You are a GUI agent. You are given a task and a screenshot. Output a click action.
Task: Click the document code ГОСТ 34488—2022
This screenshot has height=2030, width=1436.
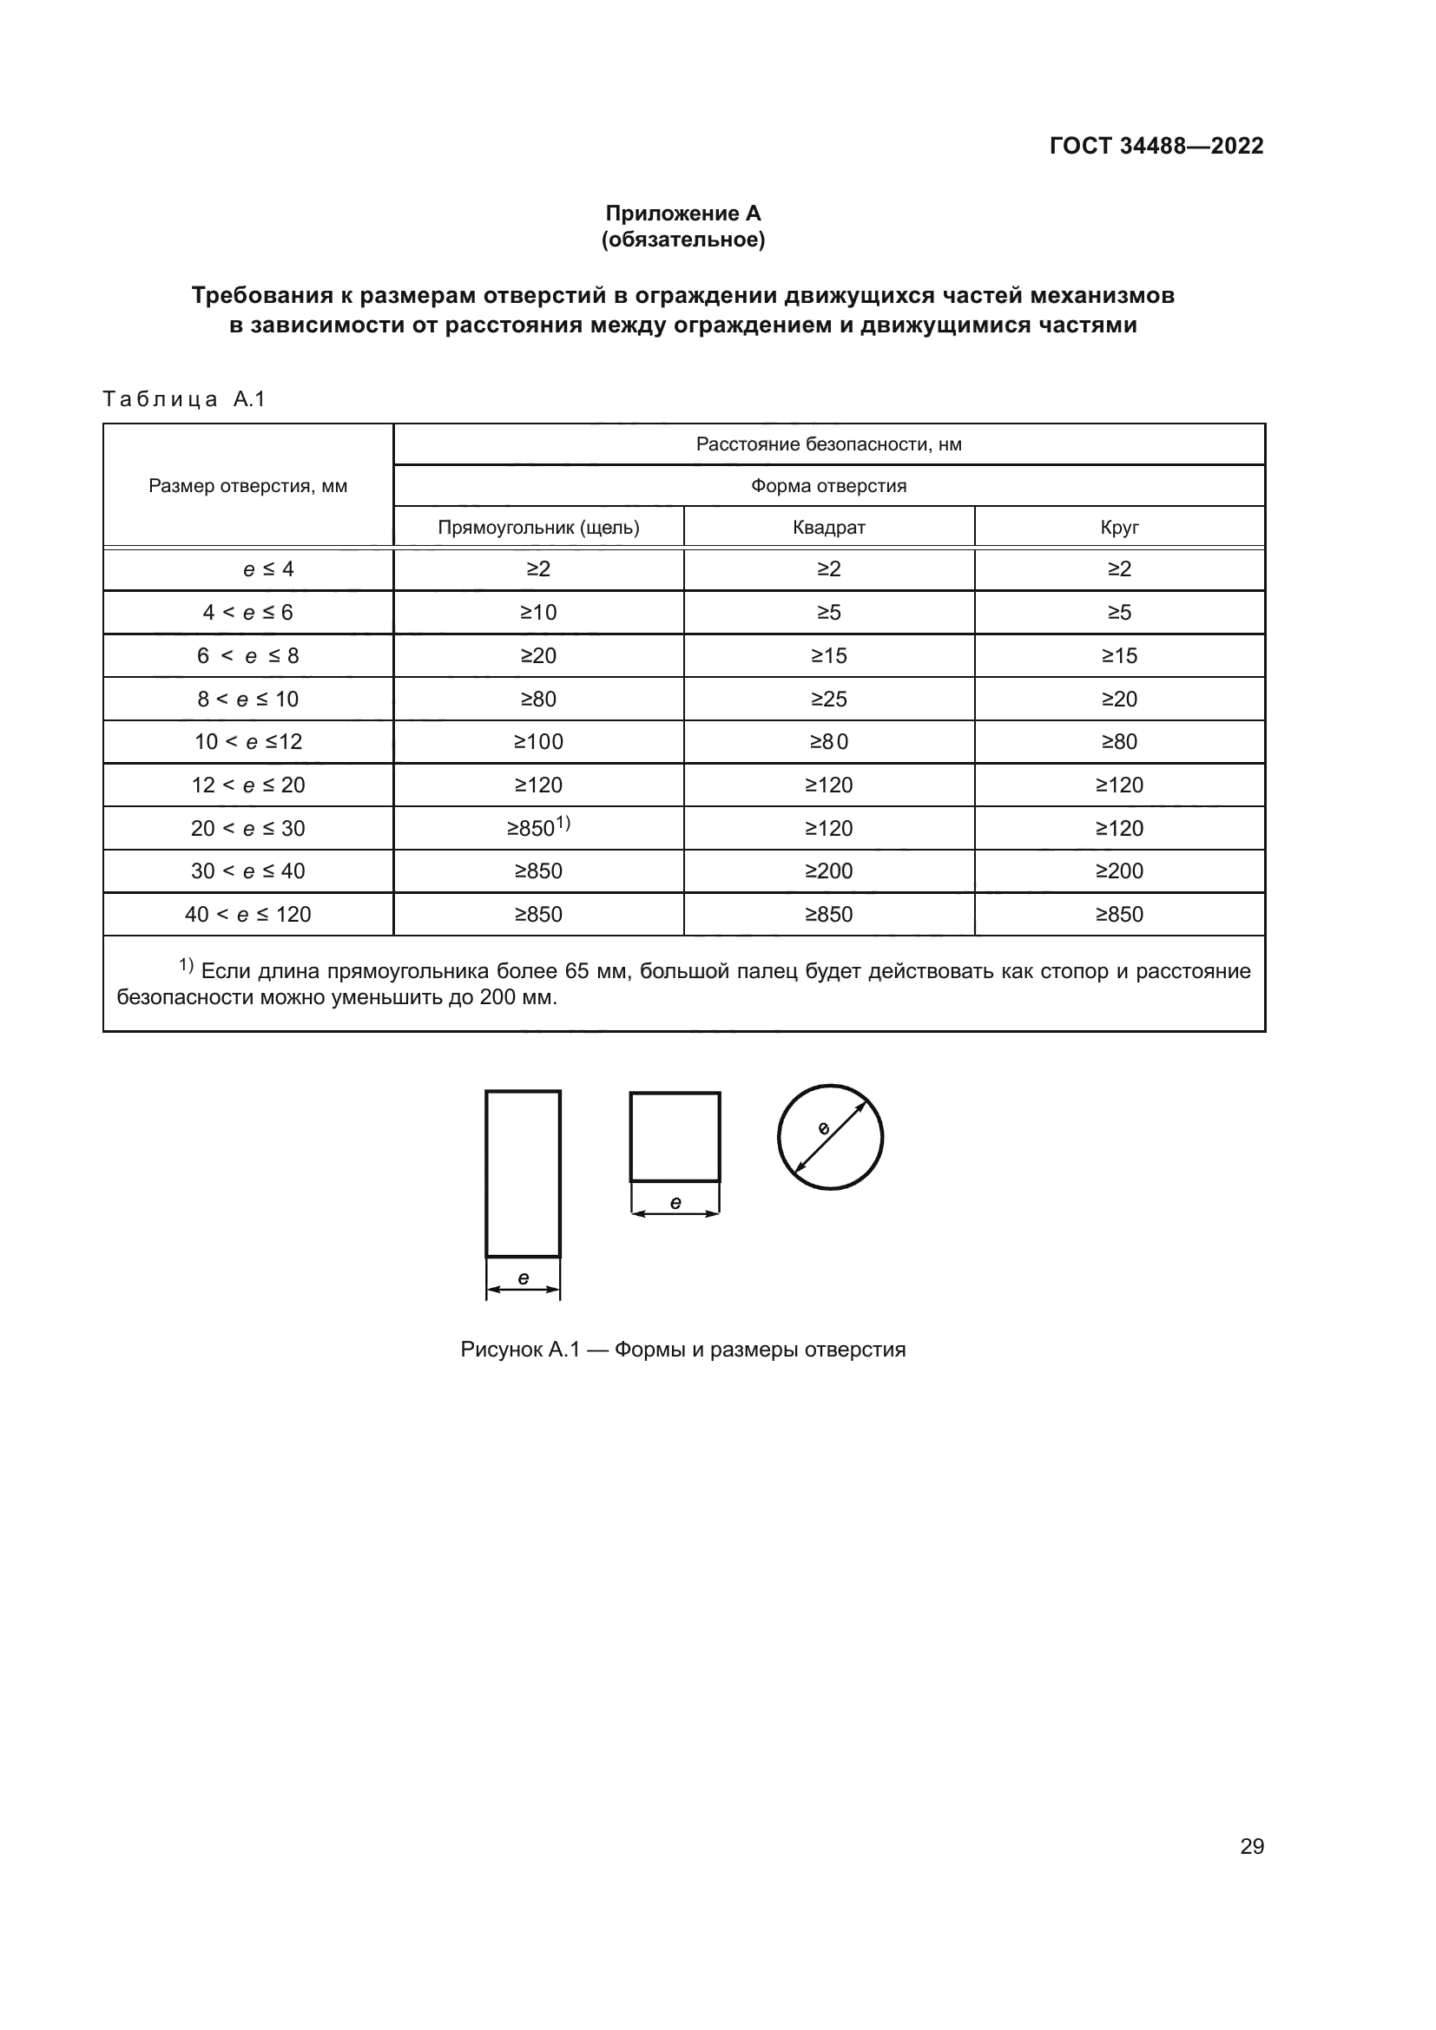[x=1156, y=146]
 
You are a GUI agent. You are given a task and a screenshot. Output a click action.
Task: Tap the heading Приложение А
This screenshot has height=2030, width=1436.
[x=682, y=214]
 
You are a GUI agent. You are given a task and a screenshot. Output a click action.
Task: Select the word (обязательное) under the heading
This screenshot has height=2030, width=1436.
[x=682, y=240]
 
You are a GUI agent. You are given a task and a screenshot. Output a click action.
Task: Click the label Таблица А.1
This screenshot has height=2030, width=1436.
[x=184, y=398]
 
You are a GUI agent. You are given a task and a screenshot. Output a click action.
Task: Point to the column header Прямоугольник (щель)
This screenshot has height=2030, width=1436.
[x=538, y=528]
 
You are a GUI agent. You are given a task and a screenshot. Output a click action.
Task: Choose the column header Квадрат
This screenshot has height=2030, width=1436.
[x=828, y=528]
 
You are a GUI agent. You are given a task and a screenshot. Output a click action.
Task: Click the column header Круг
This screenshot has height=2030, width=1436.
[x=1119, y=528]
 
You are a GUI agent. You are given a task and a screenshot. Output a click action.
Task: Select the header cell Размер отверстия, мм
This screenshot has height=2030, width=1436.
[x=247, y=485]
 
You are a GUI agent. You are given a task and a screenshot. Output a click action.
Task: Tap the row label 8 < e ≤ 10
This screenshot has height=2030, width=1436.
[x=247, y=700]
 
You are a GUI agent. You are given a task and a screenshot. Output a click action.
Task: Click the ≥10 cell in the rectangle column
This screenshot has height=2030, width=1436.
[x=538, y=613]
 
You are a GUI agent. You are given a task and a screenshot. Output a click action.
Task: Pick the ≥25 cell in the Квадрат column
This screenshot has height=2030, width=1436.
[x=828, y=700]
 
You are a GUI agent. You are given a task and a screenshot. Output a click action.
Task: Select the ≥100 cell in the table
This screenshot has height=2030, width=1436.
[x=538, y=742]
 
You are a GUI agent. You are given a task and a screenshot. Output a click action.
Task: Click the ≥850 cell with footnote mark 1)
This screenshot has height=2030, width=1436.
[x=538, y=828]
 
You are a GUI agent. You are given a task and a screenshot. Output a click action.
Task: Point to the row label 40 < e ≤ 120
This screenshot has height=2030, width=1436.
[x=247, y=914]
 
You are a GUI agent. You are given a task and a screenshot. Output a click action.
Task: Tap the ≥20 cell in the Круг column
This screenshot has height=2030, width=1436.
[x=1119, y=700]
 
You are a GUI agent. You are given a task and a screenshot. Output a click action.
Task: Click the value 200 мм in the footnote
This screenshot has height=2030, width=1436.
[x=517, y=997]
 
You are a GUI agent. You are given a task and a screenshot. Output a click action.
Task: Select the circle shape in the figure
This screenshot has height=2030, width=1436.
[x=830, y=1137]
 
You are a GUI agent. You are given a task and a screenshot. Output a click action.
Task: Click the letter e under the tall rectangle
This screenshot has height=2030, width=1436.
[x=524, y=1278]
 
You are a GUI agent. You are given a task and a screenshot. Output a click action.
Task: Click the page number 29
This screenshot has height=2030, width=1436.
[x=1251, y=1846]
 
